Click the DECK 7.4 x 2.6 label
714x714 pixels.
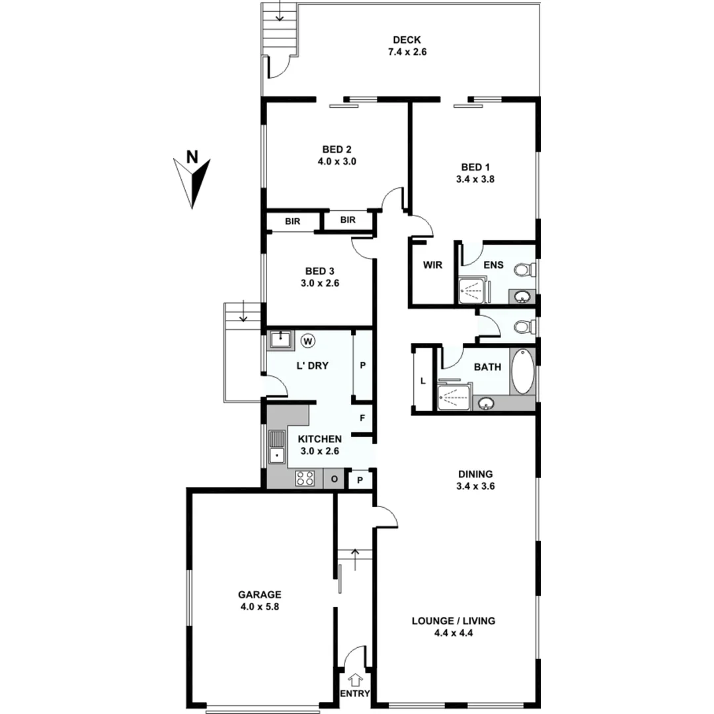click(407, 44)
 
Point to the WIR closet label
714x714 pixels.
click(432, 265)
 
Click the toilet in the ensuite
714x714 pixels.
click(525, 270)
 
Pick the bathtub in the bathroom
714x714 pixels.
click(521, 372)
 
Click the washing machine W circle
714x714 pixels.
click(308, 341)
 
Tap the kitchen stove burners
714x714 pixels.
click(305, 478)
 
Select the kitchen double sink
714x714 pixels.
click(276, 447)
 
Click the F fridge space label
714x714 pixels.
click(362, 418)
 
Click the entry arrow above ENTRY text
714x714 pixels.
click(355, 678)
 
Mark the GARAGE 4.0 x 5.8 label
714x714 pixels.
click(260, 600)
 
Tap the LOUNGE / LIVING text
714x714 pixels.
click(454, 621)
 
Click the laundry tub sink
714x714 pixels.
click(281, 340)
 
